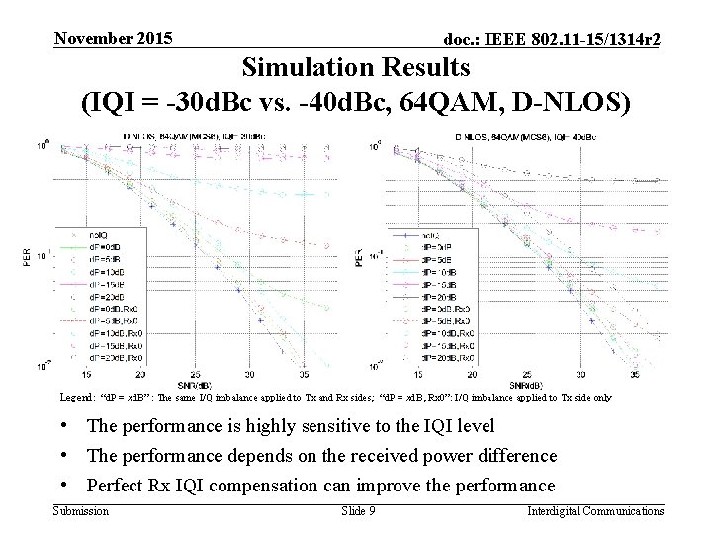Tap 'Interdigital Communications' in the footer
pos(595,511)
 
